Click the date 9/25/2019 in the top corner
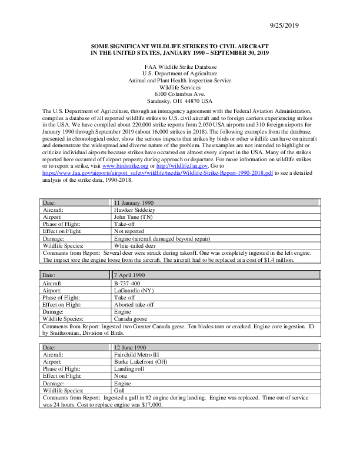point(284,25)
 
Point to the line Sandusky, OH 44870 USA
point(179,101)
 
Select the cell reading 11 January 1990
point(134,202)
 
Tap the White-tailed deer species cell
point(135,245)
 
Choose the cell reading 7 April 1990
point(131,275)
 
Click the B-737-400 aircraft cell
point(128,283)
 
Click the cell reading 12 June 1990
point(132,348)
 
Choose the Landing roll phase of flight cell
point(129,369)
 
